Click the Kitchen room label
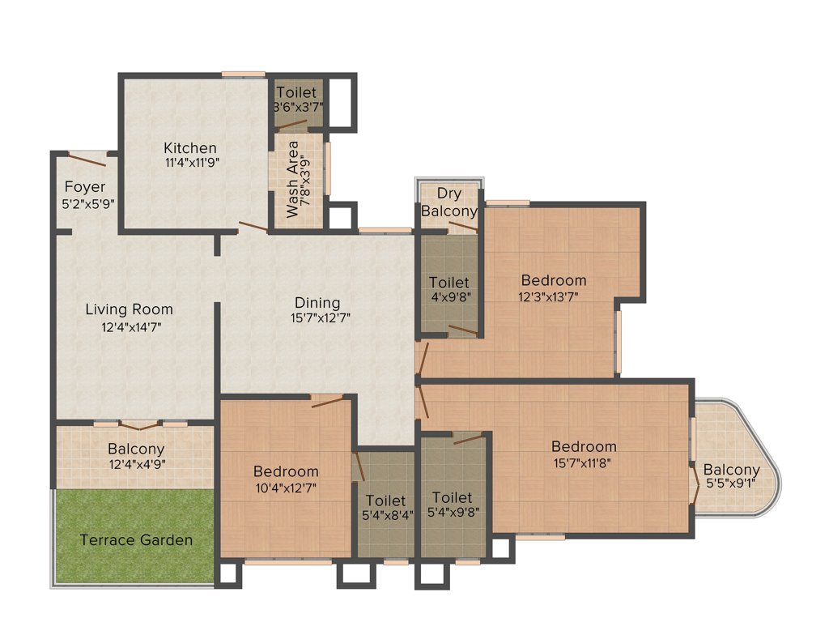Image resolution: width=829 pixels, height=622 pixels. click(x=190, y=148)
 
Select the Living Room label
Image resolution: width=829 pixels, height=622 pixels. click(x=130, y=309)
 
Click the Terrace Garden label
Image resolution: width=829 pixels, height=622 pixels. click(x=136, y=540)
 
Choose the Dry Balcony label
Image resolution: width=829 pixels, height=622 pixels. click(x=449, y=202)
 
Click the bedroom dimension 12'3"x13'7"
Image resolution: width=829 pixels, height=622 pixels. click(x=553, y=297)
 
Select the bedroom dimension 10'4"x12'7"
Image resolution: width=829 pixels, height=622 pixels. click(x=286, y=488)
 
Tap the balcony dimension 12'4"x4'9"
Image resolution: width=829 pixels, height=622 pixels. click(x=136, y=465)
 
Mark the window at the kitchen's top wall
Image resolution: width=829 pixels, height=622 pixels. click(x=244, y=75)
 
